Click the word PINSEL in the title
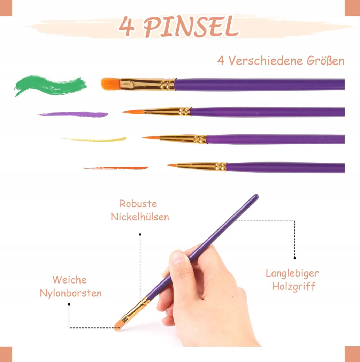191,26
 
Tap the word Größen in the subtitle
325,61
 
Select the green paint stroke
50,85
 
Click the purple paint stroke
74,114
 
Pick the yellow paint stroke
93,139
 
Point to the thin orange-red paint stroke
115,168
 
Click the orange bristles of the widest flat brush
111,84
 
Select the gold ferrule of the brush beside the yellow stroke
183,139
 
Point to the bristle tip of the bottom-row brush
167,165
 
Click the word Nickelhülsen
140,217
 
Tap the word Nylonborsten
71,293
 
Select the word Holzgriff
293,287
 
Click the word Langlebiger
292,273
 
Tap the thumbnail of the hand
178,257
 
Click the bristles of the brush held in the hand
119,325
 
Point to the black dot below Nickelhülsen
140,235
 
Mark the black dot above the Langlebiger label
295,258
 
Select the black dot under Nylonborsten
69,304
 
